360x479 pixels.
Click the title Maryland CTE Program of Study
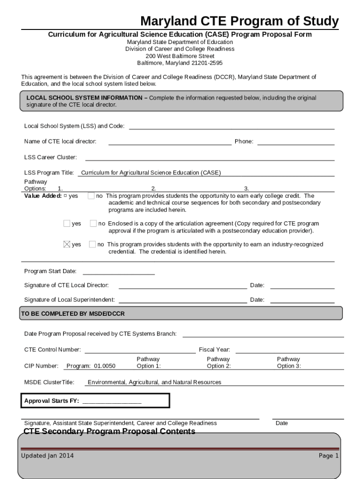point(239,21)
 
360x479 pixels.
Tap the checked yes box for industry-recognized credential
point(67,244)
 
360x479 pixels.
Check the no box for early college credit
point(91,196)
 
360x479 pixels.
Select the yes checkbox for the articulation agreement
point(67,224)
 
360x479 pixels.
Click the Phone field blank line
point(295,142)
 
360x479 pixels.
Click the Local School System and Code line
point(231,126)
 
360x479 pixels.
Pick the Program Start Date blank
point(118,272)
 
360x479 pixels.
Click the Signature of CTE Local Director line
point(182,286)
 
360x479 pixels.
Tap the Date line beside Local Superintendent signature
point(302,300)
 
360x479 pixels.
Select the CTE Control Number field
point(140,350)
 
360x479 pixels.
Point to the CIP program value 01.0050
point(104,366)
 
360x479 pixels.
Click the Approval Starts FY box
point(95,401)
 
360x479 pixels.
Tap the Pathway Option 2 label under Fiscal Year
point(218,363)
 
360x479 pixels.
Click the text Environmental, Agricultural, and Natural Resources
point(154,382)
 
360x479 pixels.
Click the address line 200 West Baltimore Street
point(180,56)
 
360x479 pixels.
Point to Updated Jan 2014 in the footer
point(47,456)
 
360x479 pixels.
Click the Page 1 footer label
point(328,456)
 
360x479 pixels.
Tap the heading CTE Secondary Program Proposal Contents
point(109,431)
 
